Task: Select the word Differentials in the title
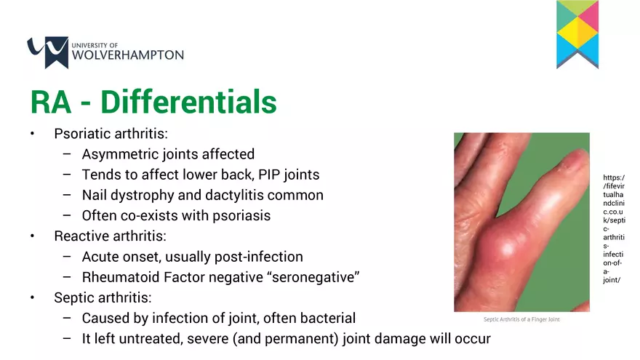[188, 103]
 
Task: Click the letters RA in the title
[50, 103]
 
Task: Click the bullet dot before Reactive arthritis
[32, 236]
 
